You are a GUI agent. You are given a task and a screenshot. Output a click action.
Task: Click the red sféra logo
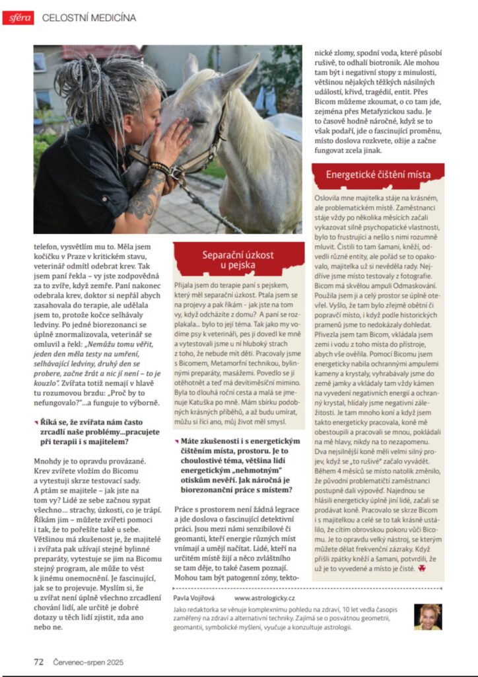pos(18,18)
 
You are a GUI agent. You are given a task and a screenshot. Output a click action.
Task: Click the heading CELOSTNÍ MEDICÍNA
pos(89,18)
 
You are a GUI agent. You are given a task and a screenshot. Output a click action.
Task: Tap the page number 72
pos(38,661)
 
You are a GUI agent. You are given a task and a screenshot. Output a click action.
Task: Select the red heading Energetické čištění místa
pos(378,175)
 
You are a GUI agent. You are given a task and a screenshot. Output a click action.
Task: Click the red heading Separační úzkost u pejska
pos(238,259)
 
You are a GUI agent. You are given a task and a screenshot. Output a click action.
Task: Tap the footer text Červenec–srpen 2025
pos(88,661)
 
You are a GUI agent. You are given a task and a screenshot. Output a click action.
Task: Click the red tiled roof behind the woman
pos(99,52)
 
